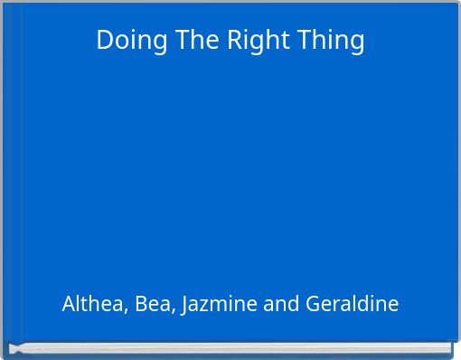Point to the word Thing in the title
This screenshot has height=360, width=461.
click(x=330, y=40)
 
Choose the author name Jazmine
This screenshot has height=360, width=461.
click(x=220, y=304)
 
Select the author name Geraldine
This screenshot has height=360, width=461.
click(x=352, y=304)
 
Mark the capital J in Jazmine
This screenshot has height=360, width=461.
click(x=184, y=305)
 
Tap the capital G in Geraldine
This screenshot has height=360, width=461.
click(x=313, y=304)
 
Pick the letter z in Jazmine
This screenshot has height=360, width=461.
click(x=205, y=306)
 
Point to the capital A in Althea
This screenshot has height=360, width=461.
click(x=69, y=304)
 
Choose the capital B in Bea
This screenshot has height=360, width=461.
click(x=141, y=304)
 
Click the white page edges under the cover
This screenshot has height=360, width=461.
click(x=230, y=347)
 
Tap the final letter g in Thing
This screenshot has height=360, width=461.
click(x=357, y=43)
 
